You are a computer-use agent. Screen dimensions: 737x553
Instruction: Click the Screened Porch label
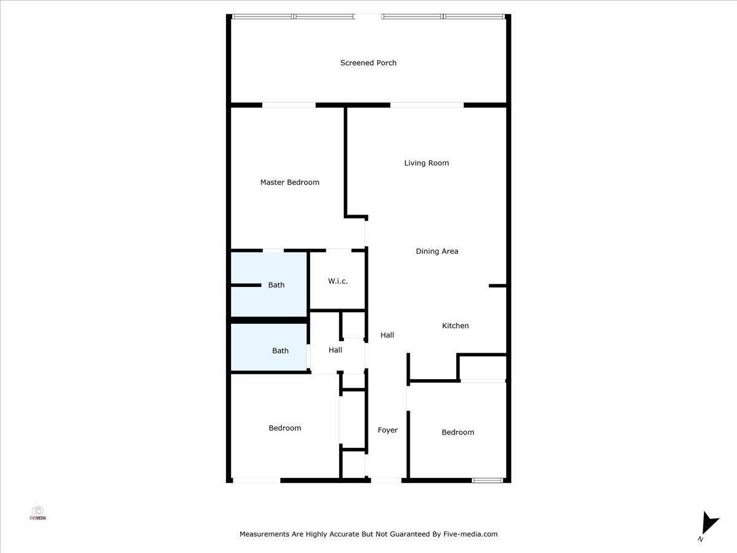[x=368, y=63]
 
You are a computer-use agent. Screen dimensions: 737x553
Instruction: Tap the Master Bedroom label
[x=290, y=182]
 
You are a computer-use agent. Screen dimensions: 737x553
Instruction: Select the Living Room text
[x=426, y=163]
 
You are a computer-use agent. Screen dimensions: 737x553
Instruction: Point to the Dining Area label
[x=437, y=251]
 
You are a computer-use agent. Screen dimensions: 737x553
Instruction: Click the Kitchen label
[x=455, y=326]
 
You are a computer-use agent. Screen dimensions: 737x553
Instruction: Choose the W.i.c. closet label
[x=338, y=281]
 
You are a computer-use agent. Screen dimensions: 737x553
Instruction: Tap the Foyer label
[x=388, y=430]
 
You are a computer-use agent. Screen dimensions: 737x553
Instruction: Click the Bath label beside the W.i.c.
[x=276, y=285]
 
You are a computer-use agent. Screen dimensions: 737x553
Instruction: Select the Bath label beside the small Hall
[x=280, y=351]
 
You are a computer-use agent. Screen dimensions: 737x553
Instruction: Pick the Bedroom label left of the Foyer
[x=285, y=428]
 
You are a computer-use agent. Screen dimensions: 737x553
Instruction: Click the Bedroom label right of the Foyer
[x=458, y=432]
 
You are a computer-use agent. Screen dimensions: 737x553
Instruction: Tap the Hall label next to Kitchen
[x=387, y=335]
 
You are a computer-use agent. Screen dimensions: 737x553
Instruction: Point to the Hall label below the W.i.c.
[x=335, y=350]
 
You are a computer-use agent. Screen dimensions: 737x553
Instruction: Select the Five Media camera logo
[x=37, y=512]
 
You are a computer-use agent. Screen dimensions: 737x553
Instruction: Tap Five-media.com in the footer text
[x=470, y=534]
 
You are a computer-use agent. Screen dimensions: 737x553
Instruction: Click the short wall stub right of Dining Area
[x=497, y=286]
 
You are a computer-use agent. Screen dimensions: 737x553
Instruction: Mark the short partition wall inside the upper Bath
[x=246, y=285]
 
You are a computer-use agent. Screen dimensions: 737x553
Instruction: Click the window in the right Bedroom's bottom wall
[x=487, y=480]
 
